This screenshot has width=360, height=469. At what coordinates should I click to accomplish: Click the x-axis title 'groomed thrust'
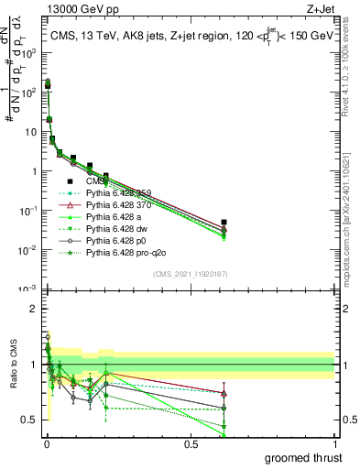(305, 457)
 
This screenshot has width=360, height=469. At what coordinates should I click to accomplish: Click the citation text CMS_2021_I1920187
(190, 275)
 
